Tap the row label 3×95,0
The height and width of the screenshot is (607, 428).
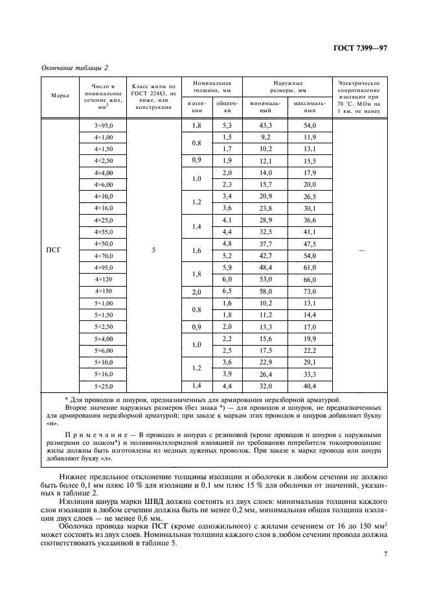tap(104, 125)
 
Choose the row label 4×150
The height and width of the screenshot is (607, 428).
tap(104, 291)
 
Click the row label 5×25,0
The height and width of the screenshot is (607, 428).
tap(104, 387)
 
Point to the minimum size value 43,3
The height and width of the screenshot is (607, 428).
tap(265, 125)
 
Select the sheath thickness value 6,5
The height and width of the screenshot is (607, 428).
tap(227, 292)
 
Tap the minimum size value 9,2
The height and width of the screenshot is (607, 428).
tap(265, 137)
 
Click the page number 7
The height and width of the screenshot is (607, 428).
tap(385, 553)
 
